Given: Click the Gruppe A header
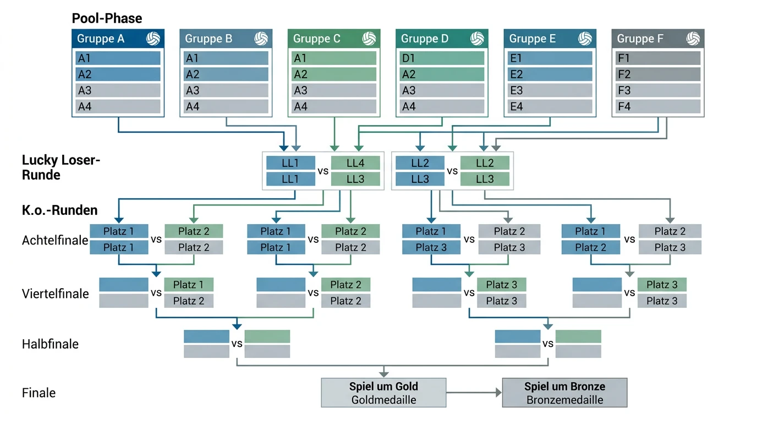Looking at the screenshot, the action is click(118, 39).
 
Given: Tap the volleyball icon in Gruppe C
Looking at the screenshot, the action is click(369, 39).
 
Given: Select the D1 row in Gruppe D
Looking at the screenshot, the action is click(442, 58).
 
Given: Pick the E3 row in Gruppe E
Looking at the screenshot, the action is click(550, 90).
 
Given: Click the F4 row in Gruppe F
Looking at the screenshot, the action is click(657, 107).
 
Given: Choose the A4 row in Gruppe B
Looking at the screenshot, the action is click(226, 107).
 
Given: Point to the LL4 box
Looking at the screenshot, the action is click(355, 163).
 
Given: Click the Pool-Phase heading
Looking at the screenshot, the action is click(107, 18).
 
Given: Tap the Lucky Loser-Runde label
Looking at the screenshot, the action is click(61, 167).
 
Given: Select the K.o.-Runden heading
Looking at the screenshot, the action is click(60, 210).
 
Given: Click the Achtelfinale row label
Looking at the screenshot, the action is click(55, 240).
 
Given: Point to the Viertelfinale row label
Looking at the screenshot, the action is click(56, 294).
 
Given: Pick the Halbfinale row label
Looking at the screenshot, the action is click(51, 344).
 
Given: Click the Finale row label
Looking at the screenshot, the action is click(39, 393).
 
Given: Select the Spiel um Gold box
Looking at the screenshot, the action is click(383, 393).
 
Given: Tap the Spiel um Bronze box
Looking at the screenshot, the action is click(564, 393).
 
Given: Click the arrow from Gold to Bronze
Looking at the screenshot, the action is click(474, 393).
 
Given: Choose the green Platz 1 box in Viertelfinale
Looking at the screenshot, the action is click(189, 285).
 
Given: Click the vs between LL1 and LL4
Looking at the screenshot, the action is click(323, 171).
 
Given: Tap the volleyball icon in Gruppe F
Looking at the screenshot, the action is click(693, 39).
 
